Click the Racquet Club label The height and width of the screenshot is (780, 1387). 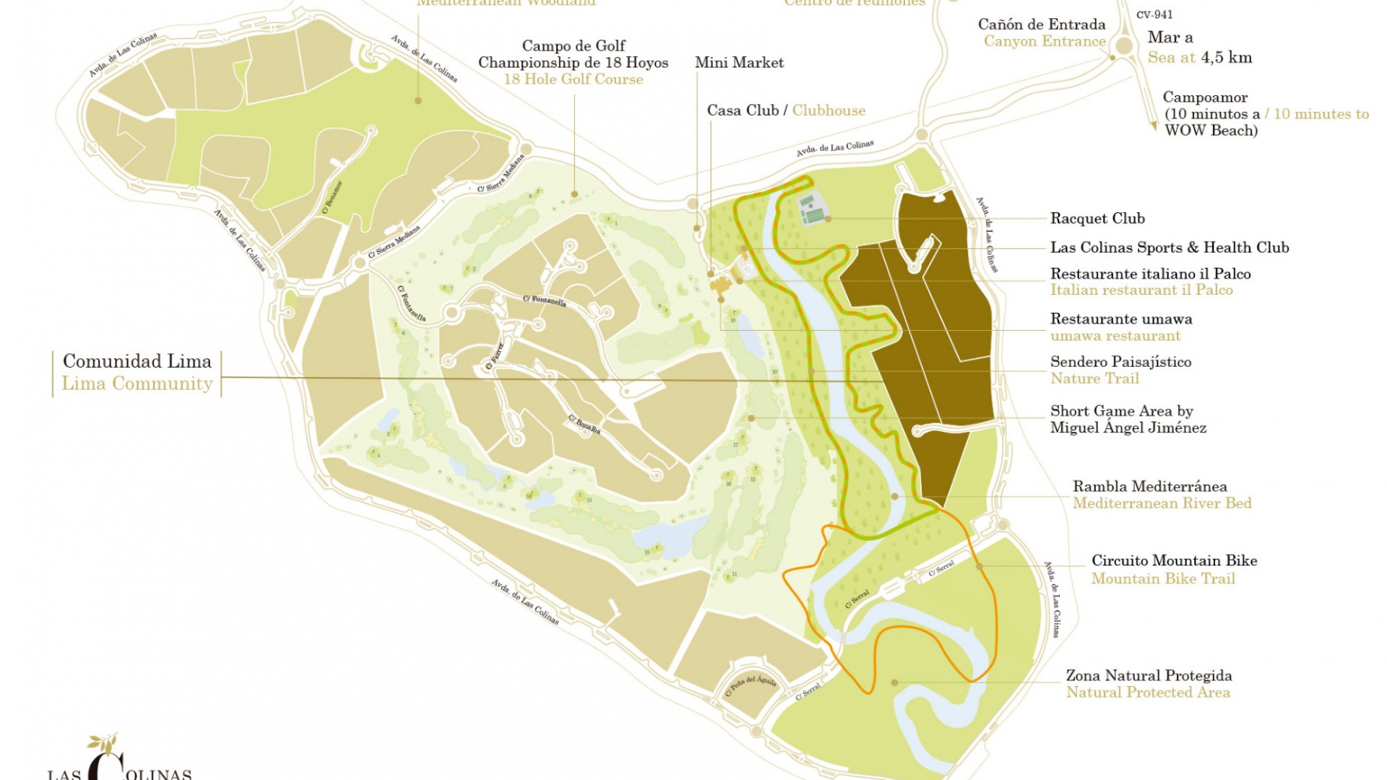click(1097, 218)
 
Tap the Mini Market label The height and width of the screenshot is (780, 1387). click(739, 63)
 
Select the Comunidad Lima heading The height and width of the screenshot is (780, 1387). click(137, 361)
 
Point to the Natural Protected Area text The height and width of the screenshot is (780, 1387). click(1147, 693)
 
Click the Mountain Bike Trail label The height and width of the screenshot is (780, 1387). click(1163, 578)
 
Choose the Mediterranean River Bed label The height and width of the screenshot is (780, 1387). click(1162, 503)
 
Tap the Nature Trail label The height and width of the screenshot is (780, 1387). click(1094, 378)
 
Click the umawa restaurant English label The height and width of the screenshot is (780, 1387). click(1115, 336)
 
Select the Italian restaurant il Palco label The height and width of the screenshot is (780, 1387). click(1141, 290)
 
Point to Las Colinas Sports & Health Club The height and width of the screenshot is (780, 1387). click(1169, 248)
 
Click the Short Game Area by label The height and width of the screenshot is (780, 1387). click(1121, 411)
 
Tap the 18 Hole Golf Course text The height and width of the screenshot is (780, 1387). click(573, 79)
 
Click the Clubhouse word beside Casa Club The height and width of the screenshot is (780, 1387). click(829, 110)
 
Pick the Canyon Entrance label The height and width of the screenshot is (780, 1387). click(1044, 41)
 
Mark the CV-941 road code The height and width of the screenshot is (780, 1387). click(1154, 14)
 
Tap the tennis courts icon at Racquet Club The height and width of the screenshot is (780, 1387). click(812, 210)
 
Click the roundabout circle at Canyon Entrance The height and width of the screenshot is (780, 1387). click(1123, 46)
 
